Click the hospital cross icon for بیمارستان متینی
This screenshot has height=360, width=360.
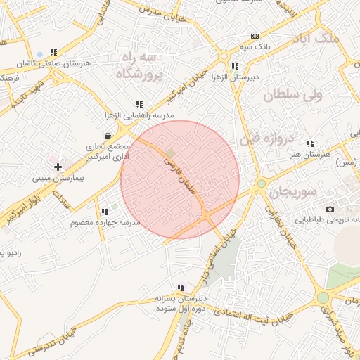(x=58, y=166)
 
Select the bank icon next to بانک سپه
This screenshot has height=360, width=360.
(x=254, y=36)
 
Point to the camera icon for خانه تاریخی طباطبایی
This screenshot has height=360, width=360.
(x=330, y=209)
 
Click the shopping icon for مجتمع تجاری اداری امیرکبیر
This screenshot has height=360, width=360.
(x=107, y=136)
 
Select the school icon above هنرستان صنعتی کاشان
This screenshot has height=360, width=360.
(x=54, y=52)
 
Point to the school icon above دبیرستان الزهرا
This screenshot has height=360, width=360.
(x=235, y=67)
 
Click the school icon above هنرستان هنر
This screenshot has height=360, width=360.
(x=310, y=143)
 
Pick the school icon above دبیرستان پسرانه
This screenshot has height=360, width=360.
(x=181, y=288)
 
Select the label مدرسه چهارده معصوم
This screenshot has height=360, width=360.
(x=105, y=222)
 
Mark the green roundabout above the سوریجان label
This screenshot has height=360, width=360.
(x=262, y=184)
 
